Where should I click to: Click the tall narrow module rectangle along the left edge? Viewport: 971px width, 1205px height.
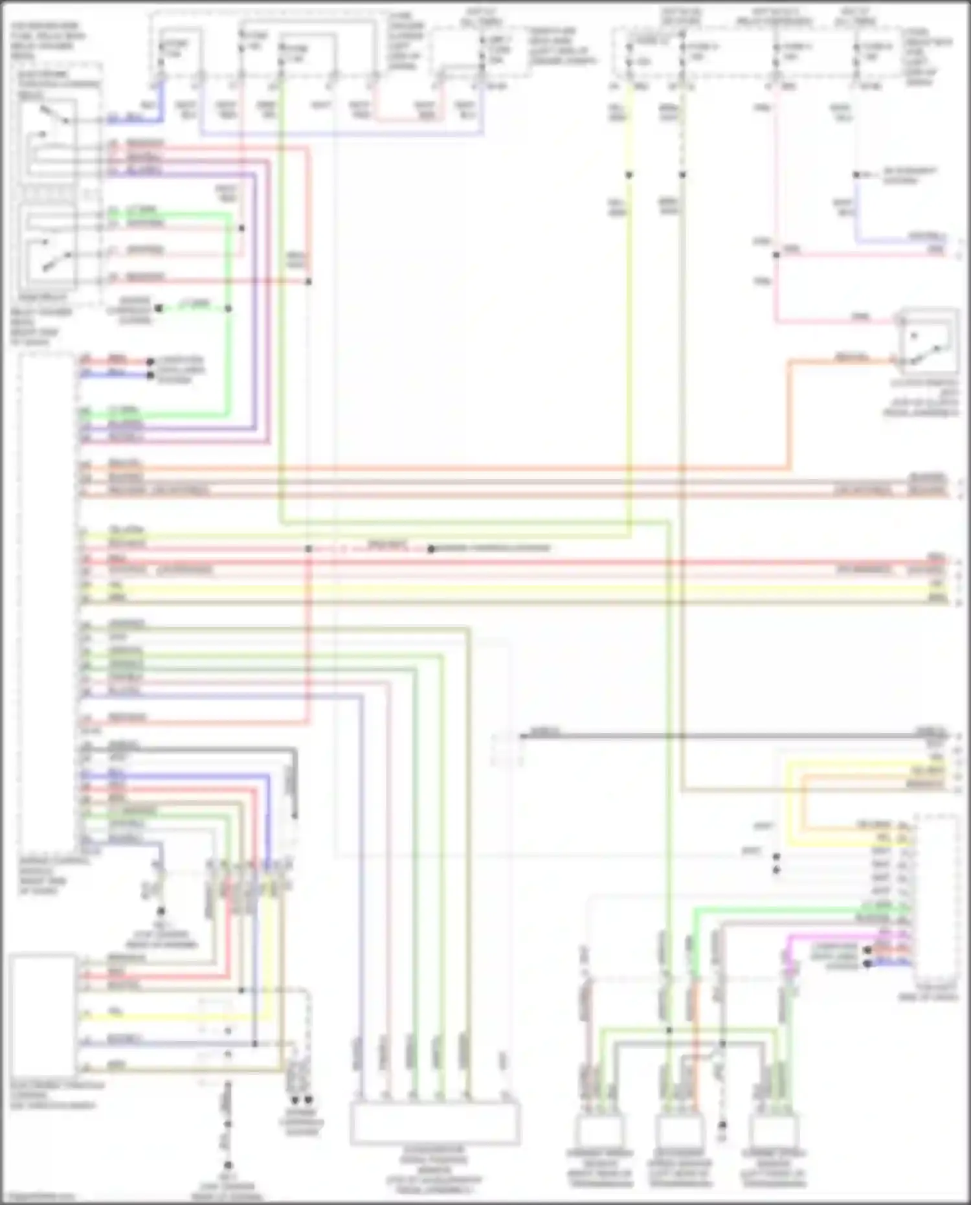click(49, 602)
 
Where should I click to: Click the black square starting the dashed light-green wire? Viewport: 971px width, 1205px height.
click(158, 309)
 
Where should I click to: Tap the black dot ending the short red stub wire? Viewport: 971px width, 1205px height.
click(150, 362)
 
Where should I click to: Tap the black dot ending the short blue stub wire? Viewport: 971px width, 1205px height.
click(150, 375)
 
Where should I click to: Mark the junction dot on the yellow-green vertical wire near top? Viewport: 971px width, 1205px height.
click(629, 175)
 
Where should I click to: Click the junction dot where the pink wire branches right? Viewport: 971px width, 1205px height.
click(776, 254)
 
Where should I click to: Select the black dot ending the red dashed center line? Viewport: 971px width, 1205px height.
click(431, 549)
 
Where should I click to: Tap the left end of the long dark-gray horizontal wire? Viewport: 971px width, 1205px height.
click(523, 736)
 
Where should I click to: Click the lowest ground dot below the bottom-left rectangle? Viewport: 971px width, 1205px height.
click(228, 1166)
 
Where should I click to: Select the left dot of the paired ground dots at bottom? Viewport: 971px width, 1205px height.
click(295, 1099)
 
